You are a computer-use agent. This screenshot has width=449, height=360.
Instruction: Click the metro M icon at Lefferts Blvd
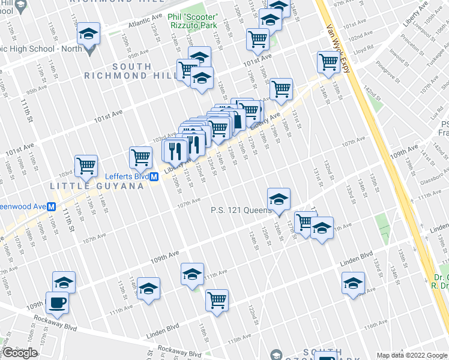pos(154,177)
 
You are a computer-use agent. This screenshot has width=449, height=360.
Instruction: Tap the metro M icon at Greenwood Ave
pos(52,206)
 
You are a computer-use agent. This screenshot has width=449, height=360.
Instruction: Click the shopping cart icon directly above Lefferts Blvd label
pos(140,157)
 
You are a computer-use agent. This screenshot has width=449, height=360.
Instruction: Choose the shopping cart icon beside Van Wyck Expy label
pos(328,61)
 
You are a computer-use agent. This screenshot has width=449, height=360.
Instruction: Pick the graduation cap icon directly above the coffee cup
pos(64,281)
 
